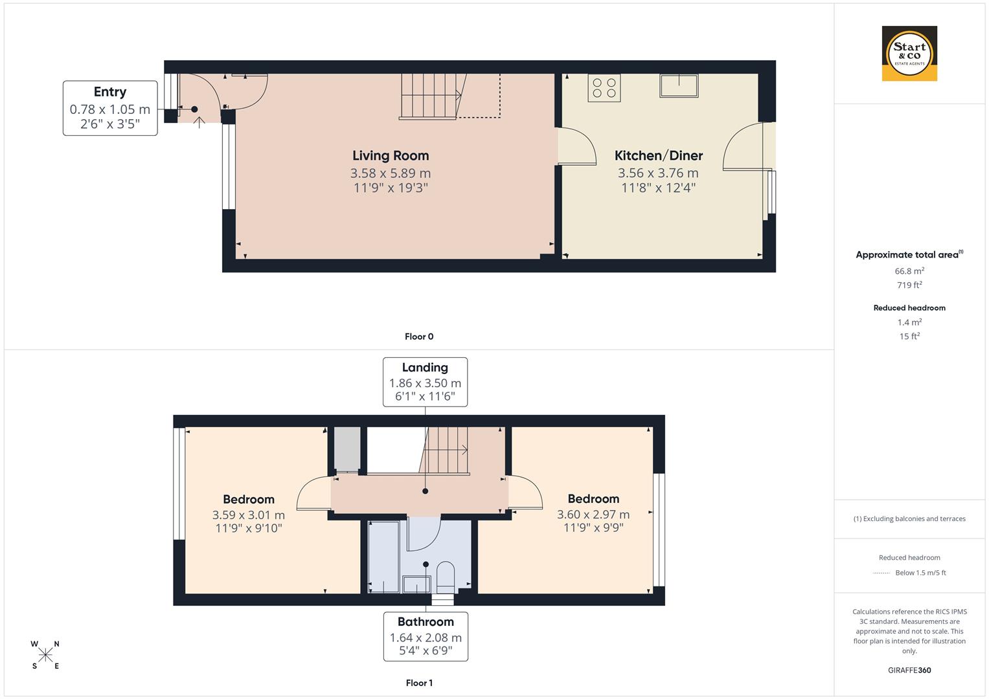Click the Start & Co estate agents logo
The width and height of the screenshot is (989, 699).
[909, 53]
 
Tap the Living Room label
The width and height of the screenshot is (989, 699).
[391, 155]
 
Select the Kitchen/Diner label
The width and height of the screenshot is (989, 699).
[658, 155]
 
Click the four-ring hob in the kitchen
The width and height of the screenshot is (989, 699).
[604, 88]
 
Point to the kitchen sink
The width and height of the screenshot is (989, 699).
[679, 85]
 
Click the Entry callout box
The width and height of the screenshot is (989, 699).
[110, 108]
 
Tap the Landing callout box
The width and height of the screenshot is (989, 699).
[425, 382]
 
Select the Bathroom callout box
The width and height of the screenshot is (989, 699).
[426, 636]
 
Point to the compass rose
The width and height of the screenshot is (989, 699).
[45, 655]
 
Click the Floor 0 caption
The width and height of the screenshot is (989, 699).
[419, 337]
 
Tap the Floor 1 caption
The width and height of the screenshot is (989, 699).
[419, 683]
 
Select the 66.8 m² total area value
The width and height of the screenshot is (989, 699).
[909, 271]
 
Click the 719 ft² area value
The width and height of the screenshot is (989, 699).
[909, 285]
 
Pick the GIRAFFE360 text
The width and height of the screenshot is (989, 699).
[909, 671]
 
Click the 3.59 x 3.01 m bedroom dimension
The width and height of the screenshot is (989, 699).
[249, 515]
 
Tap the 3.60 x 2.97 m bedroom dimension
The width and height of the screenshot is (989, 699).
[593, 515]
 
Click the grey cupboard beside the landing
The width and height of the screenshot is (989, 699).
[347, 449]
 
